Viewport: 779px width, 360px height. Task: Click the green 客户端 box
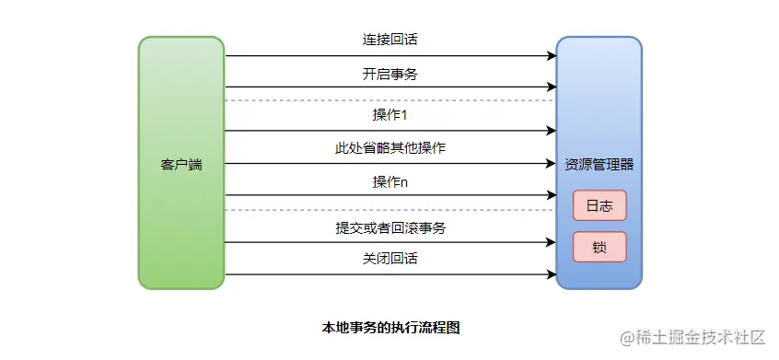[181, 164]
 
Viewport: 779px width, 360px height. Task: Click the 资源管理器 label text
[599, 165]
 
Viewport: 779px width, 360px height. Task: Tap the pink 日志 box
[599, 205]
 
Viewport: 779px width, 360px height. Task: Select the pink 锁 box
[599, 247]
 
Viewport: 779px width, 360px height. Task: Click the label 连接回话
[390, 41]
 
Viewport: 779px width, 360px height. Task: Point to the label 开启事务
[390, 74]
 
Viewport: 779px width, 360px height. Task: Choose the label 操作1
[390, 115]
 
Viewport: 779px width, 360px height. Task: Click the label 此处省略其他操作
[390, 148]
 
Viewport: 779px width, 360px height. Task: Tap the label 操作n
[390, 181]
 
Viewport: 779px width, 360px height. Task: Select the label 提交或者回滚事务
[390, 227]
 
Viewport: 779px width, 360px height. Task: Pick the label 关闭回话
[390, 260]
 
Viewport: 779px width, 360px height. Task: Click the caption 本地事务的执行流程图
[390, 327]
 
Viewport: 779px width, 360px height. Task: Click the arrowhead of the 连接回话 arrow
[552, 56]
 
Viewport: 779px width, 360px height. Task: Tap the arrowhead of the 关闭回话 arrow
[552, 274]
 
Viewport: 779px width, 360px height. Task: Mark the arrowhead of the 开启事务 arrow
[552, 87]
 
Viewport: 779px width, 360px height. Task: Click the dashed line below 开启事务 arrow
[390, 99]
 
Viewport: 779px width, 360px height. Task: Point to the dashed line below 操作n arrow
[390, 210]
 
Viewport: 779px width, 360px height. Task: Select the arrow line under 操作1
[390, 131]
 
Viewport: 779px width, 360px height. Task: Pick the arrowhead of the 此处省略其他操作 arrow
[552, 164]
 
